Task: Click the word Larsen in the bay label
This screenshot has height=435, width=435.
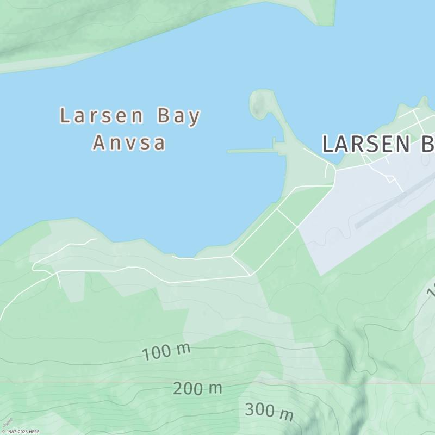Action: coord(101,116)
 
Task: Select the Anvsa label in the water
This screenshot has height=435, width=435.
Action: coord(129,142)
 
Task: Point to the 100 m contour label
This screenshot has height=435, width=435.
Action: coord(166,352)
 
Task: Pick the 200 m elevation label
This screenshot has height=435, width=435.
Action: coord(197,388)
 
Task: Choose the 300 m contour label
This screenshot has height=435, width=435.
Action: coord(269,412)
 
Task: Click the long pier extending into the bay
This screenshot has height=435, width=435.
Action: coord(250,151)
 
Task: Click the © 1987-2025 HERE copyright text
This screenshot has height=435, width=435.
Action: coord(20,432)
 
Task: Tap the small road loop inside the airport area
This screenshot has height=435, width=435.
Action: coord(390,178)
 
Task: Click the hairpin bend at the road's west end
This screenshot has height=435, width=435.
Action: coord(34,266)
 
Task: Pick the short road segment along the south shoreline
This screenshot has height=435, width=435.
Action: coord(185,258)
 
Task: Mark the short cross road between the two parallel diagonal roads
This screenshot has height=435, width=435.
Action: coord(287,219)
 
